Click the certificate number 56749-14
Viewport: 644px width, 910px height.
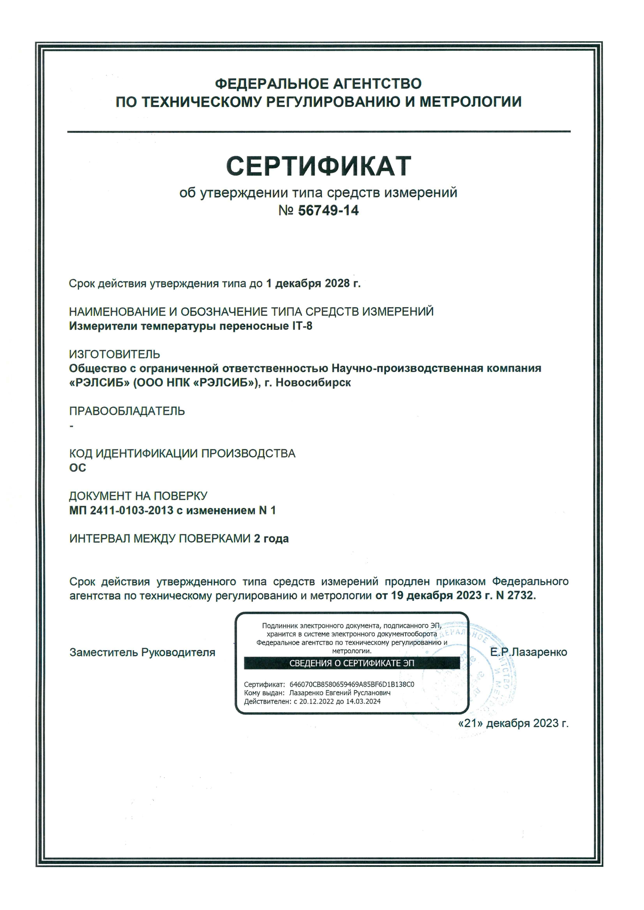(x=328, y=210)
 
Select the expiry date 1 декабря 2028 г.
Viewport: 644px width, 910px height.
(x=313, y=283)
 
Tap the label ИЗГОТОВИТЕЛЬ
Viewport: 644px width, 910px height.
(x=114, y=354)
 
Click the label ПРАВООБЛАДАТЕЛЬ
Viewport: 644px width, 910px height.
(x=127, y=411)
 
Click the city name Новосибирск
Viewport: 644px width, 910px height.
(x=313, y=383)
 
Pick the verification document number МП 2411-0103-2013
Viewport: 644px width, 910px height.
(x=121, y=510)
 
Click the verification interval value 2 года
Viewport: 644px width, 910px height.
(x=271, y=539)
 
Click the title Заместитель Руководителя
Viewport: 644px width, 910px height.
(x=142, y=652)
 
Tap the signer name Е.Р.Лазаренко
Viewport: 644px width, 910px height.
(x=528, y=652)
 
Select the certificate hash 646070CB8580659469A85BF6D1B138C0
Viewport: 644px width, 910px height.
(x=352, y=684)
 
